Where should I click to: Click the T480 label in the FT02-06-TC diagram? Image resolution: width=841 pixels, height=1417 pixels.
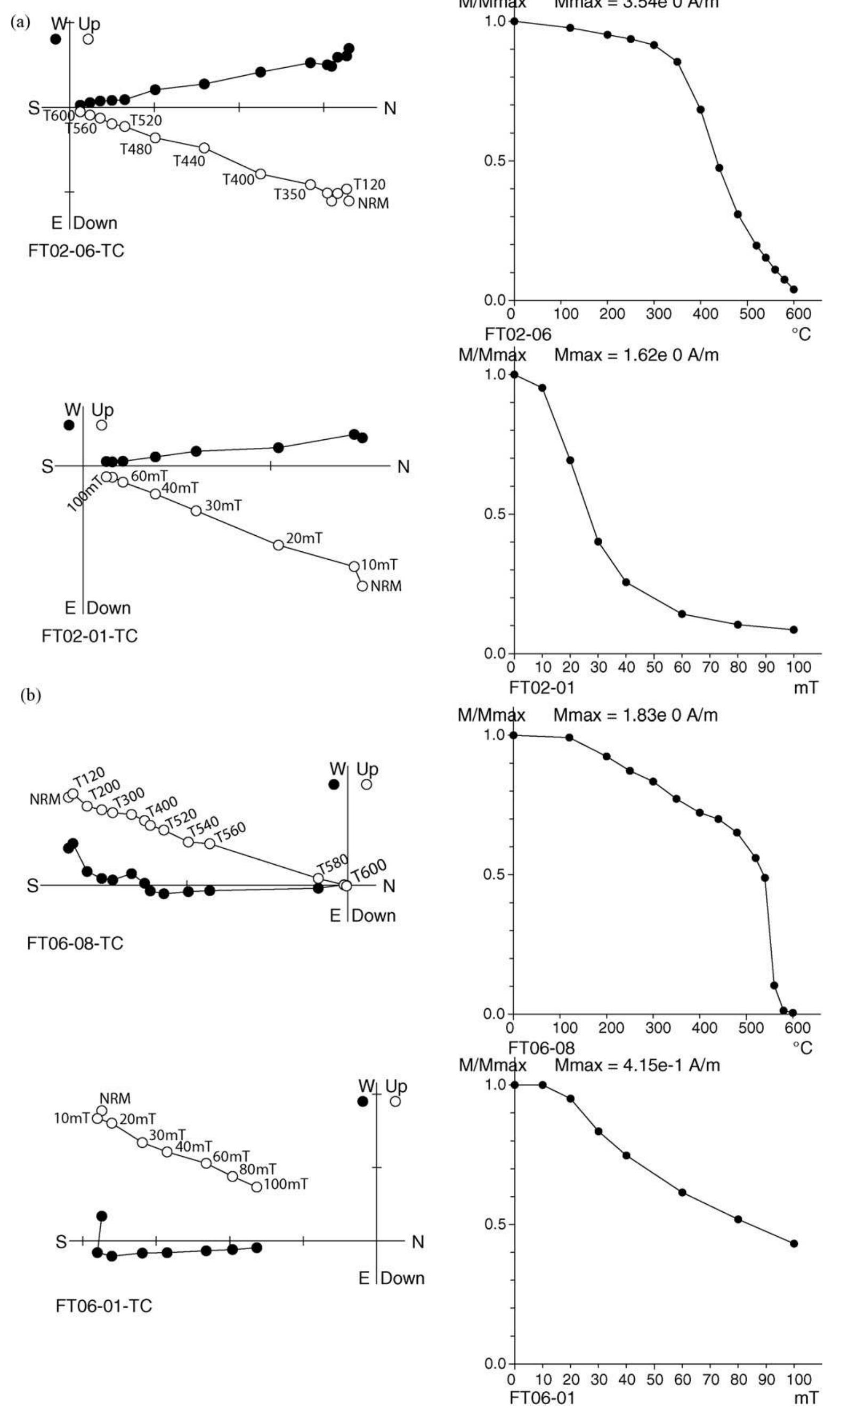pos(136,149)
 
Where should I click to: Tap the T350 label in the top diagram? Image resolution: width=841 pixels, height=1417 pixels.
pos(289,195)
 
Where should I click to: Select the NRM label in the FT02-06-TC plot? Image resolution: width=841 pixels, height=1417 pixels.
pos(374,203)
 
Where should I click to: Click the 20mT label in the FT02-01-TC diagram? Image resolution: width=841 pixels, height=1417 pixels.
pos(304,538)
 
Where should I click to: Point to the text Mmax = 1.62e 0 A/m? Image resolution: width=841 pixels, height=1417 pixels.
pos(636,356)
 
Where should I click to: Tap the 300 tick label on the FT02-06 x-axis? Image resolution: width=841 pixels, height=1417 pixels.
pos(659,313)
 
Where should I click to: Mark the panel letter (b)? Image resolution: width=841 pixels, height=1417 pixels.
pos(30,696)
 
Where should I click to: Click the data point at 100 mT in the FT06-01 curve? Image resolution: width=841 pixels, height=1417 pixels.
pos(794,1244)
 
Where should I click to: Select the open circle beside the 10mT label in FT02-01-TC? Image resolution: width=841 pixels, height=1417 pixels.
pos(354,566)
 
